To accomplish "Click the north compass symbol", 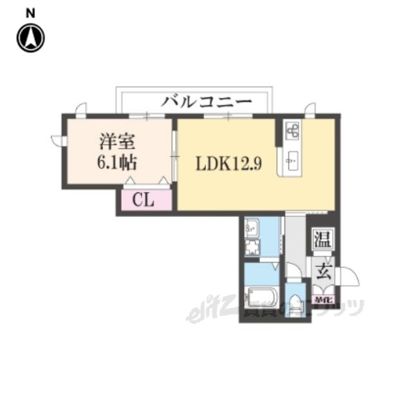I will point(30,37).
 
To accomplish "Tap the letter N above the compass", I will point(30,12).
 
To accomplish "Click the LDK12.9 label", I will point(229,164).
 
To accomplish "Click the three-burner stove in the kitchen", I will point(290,131).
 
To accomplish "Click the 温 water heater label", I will point(322,240).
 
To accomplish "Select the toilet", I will point(295,305).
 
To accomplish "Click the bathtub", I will point(263,299).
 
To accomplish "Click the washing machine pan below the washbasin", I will point(252,248).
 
